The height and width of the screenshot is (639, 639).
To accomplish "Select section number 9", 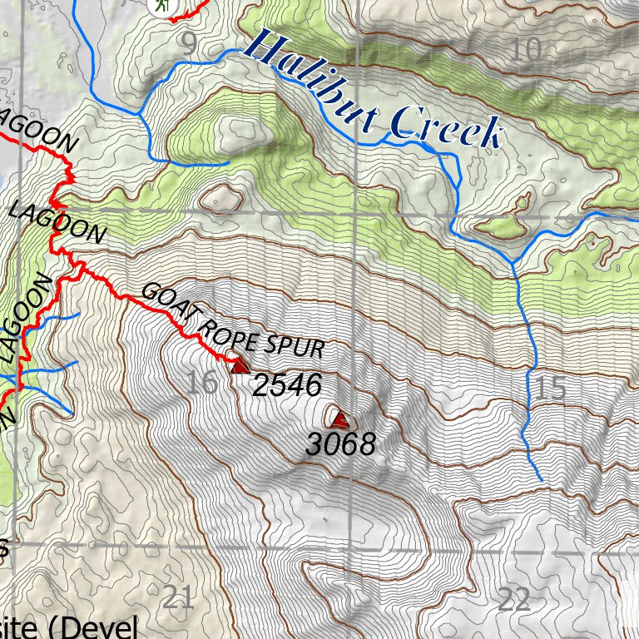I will (189, 44).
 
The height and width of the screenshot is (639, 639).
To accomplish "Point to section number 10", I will (526, 50).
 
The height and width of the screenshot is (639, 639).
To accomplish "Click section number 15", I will (551, 387).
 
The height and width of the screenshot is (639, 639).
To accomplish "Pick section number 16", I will (202, 383).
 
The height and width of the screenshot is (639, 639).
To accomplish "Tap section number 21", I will (178, 597).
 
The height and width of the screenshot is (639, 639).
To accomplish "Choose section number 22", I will (513, 598).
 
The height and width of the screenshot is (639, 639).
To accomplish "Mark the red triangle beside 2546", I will (240, 366).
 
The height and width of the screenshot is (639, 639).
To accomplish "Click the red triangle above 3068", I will (339, 419).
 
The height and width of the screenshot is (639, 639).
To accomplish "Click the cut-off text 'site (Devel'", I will (67, 627).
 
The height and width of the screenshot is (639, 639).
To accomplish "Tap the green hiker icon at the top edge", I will (163, 4).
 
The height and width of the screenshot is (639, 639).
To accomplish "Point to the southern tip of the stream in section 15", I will (542, 479).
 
